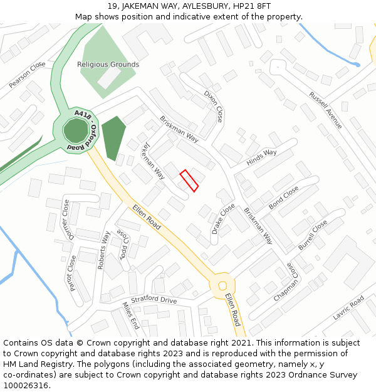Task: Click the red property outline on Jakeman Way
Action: [x=189, y=181]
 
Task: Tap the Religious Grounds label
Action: [x=108, y=65]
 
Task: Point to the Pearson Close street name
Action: [x=28, y=74]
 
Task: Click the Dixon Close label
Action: [x=213, y=105]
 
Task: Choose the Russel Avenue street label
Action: [x=325, y=110]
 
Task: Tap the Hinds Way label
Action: [x=261, y=157]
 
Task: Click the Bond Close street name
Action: [x=283, y=198]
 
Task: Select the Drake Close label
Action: [x=223, y=218]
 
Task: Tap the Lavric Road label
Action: [x=348, y=307]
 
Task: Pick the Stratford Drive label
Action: [x=154, y=300]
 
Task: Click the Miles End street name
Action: [x=131, y=315]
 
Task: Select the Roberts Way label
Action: [x=103, y=250]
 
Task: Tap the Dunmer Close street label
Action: [x=66, y=220]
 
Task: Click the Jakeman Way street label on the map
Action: [x=153, y=161]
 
